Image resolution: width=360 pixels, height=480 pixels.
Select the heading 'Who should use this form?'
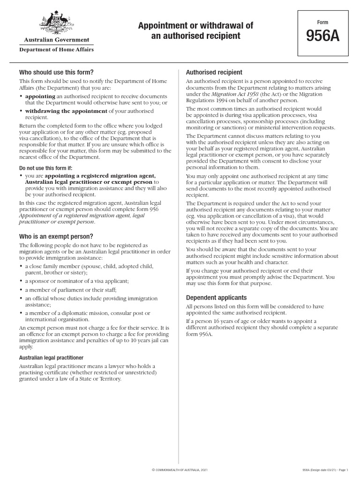point(56,72)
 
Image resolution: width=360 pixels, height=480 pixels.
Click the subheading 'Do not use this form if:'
point(46,167)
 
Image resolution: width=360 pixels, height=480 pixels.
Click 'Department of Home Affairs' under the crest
point(56,50)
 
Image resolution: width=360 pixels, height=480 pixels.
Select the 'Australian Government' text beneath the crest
point(56,40)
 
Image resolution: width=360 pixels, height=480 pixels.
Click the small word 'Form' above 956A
point(322,22)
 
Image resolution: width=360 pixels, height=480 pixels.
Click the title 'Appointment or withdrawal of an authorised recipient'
point(195,30)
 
